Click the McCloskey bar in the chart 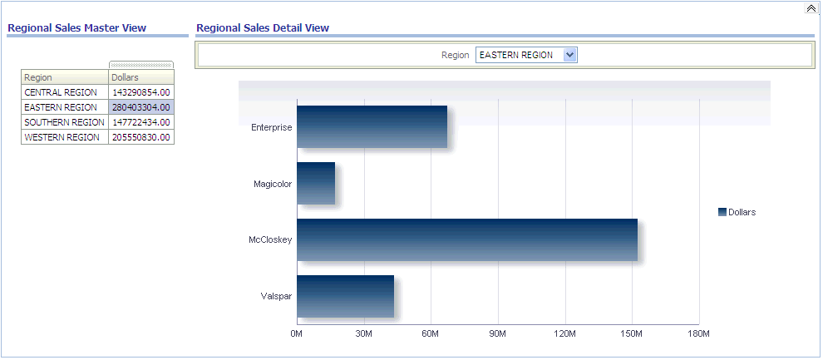[466, 240]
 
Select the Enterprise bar [372, 127]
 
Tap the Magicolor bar [316, 184]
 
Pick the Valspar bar [345, 297]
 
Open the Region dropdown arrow [569, 55]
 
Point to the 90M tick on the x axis [498, 333]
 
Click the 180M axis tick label [699, 333]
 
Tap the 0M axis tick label [297, 333]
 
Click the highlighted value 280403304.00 [140, 107]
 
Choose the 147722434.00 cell [140, 122]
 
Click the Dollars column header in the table [140, 77]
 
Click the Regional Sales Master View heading [76, 28]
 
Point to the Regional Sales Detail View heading [263, 28]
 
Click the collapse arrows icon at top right [811, 8]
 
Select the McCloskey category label [270, 240]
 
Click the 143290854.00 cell [140, 92]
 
